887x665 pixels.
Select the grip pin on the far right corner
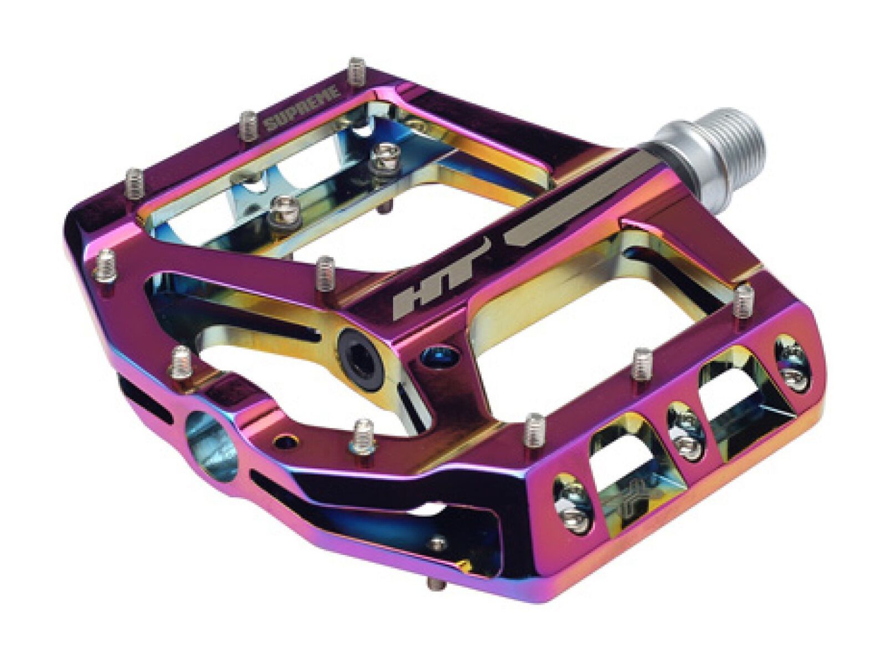742,303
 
